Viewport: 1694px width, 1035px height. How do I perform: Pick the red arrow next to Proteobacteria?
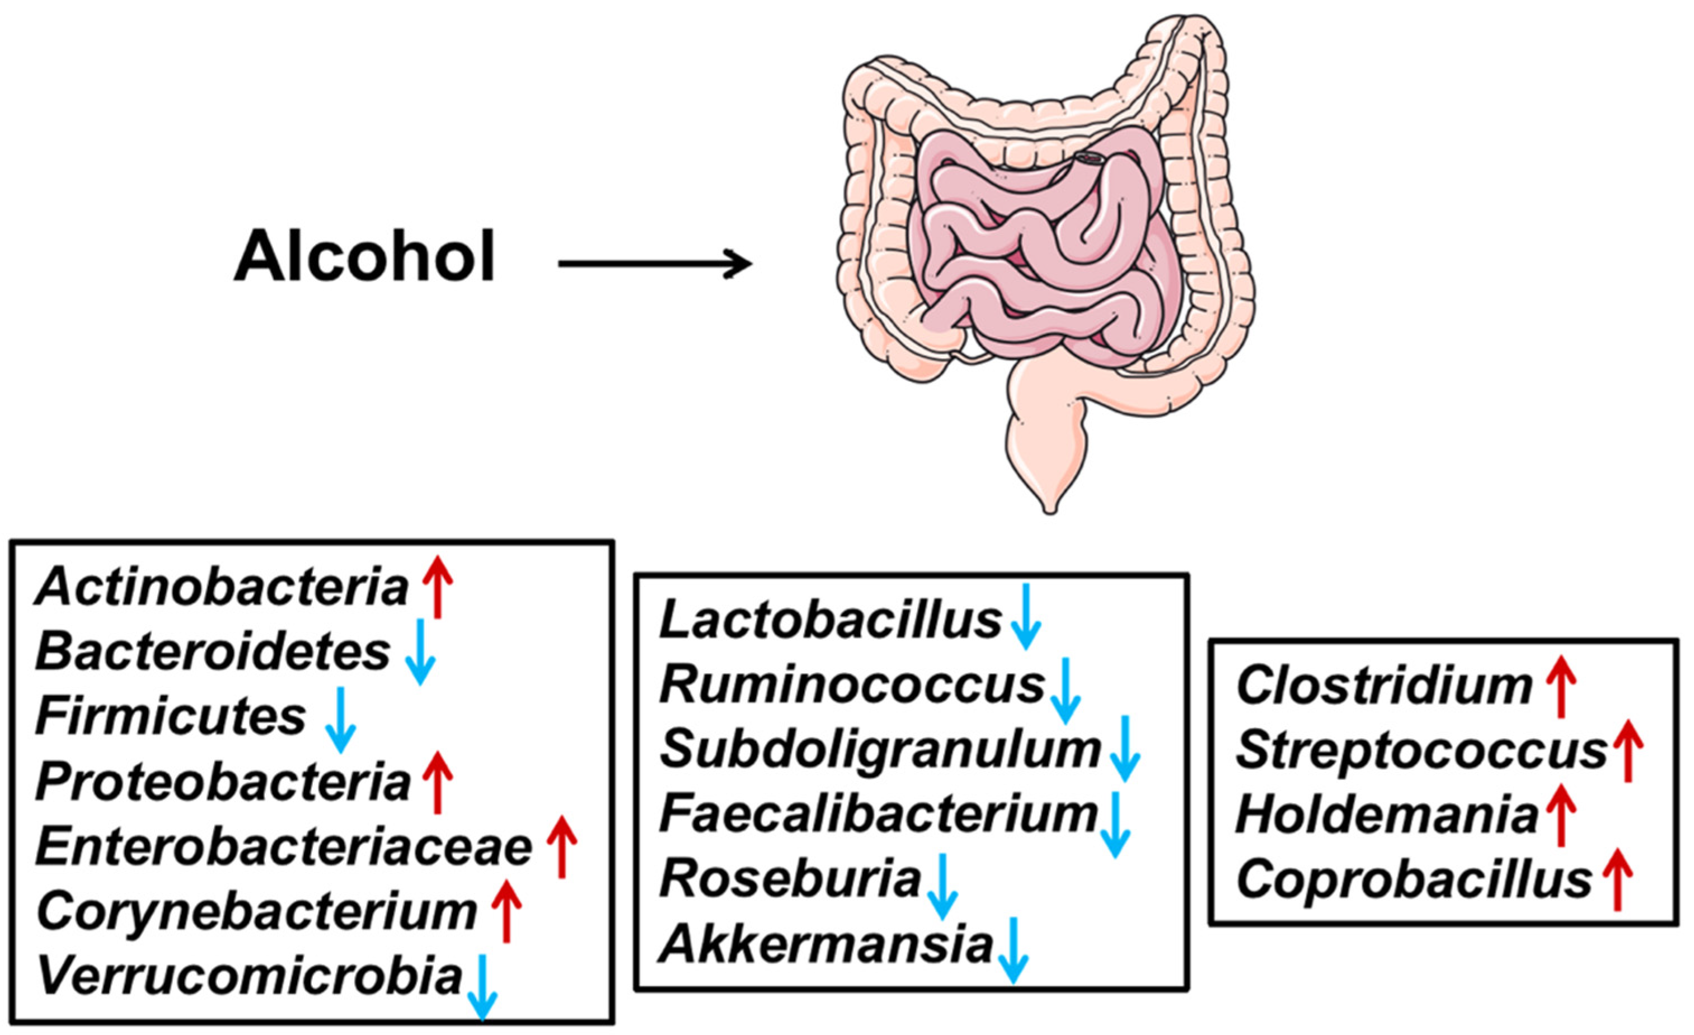[438, 782]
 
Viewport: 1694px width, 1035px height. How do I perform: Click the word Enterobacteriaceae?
[284, 848]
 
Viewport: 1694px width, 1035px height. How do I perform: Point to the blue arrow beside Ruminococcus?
[1066, 690]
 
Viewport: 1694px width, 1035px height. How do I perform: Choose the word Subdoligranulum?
[880, 749]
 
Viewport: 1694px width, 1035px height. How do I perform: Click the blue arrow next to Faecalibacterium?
[1115, 823]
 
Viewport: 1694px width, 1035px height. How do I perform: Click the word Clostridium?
[1384, 686]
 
